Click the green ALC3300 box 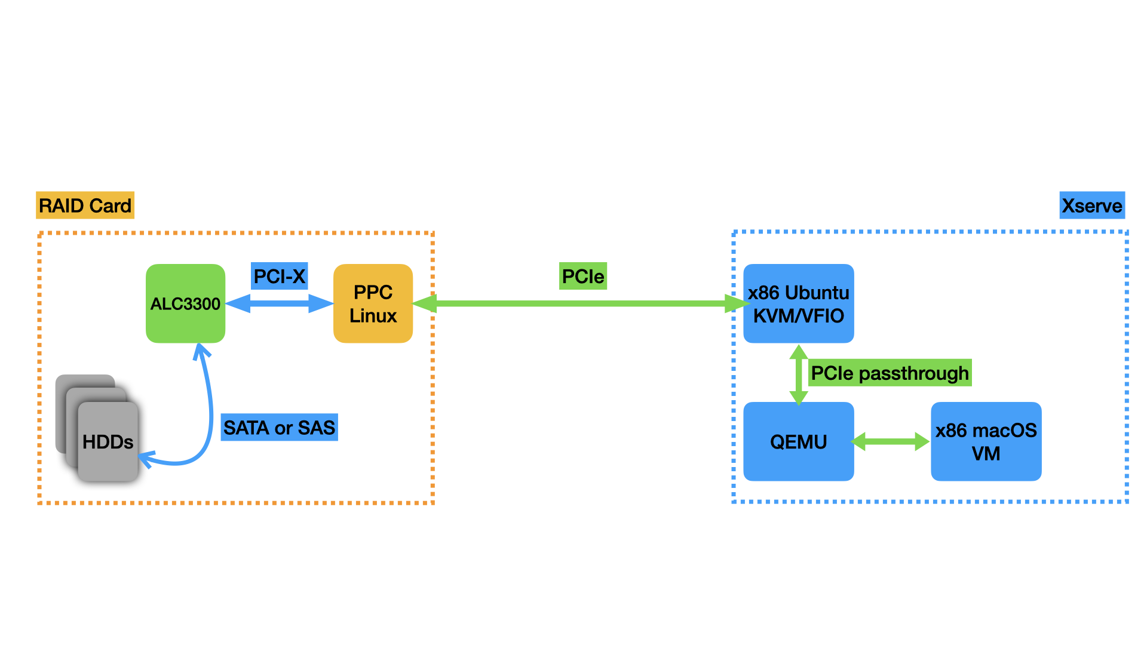point(185,303)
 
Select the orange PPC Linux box point(373,303)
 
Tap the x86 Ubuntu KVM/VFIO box point(798,303)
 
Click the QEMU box point(798,441)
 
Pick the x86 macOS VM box point(986,441)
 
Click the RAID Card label point(85,205)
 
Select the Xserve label point(1091,205)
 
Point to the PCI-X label point(279,276)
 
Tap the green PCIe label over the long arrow point(582,276)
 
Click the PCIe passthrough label point(890,373)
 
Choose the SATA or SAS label point(279,428)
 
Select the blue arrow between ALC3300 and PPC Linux point(279,303)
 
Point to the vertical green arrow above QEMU point(799,375)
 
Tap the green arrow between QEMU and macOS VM point(890,441)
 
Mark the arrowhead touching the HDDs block point(145,459)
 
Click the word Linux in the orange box point(373,316)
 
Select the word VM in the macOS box point(986,454)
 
